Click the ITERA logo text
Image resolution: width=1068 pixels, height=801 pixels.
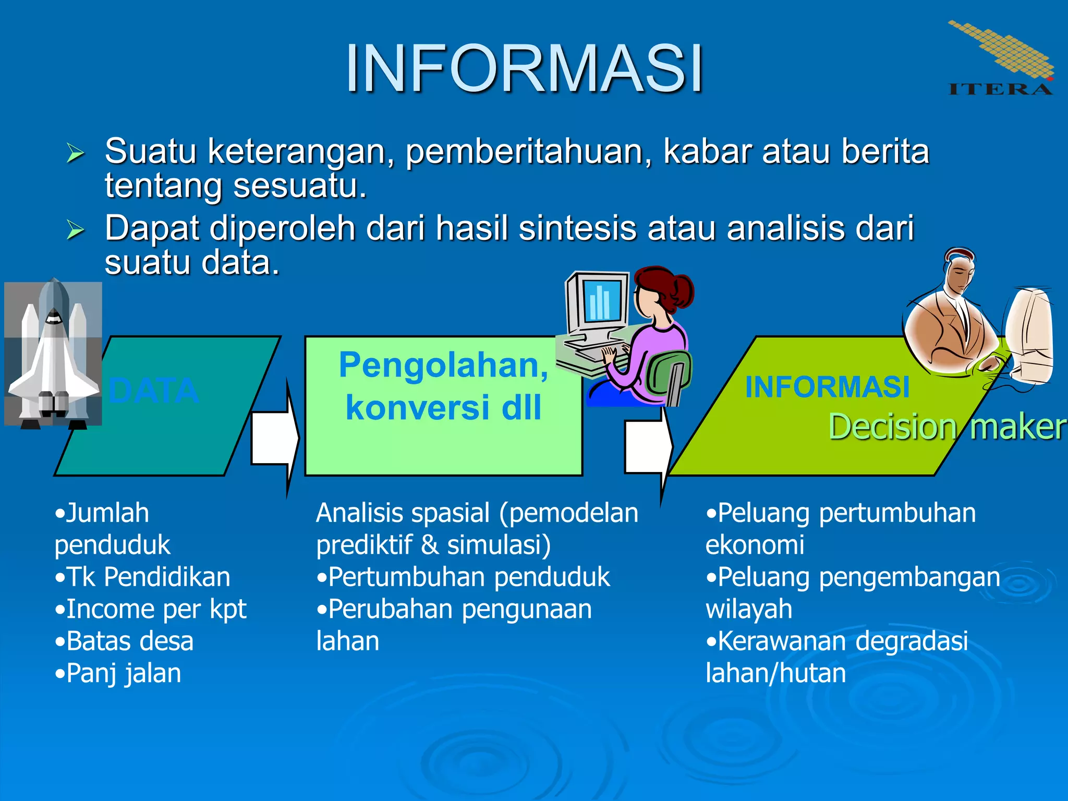(1000, 89)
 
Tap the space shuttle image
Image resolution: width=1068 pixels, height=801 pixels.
(53, 355)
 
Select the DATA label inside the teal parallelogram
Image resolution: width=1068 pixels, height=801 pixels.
(154, 391)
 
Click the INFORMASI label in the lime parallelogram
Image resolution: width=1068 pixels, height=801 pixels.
(827, 387)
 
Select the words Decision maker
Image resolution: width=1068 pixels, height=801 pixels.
(946, 427)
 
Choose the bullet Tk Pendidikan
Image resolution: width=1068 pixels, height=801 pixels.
(143, 577)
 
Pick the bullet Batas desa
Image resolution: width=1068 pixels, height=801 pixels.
(125, 641)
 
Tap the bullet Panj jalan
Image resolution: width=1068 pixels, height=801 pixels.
(118, 673)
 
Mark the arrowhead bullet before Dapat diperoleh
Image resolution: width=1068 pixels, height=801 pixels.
(76, 229)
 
